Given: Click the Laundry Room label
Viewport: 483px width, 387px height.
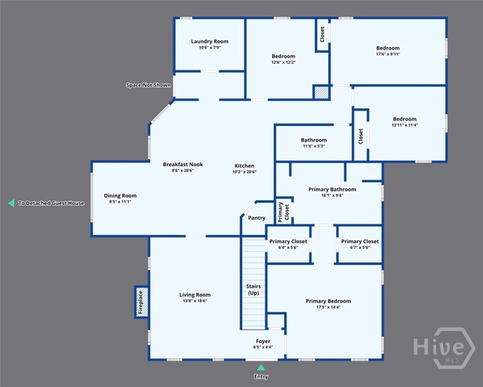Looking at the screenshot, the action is (209, 41).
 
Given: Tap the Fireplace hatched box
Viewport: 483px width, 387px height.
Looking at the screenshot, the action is (141, 302).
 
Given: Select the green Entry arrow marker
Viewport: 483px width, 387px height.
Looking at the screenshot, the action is (261, 368).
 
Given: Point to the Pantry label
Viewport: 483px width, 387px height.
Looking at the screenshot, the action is (256, 218).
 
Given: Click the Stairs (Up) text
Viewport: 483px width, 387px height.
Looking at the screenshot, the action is (253, 289).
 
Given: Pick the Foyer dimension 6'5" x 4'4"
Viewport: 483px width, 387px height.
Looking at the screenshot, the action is (263, 347).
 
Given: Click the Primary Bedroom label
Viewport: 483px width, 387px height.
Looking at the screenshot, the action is (329, 301).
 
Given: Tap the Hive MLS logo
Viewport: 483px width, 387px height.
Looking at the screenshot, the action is (444, 348).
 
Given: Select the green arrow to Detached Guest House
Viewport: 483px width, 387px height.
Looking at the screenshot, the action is (12, 203).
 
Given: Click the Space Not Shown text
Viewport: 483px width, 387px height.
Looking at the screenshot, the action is (148, 85).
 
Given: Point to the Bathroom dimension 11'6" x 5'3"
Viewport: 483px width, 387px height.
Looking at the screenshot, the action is (314, 146).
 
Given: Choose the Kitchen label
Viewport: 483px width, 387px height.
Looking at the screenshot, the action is (244, 165).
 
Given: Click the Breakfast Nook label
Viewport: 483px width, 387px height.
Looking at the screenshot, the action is (183, 164).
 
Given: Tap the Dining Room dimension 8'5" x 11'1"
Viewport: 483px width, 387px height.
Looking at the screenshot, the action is (120, 202).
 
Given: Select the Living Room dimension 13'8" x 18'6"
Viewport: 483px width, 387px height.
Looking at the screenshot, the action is (195, 301).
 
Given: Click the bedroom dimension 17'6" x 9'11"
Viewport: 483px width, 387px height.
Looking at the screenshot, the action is (388, 54).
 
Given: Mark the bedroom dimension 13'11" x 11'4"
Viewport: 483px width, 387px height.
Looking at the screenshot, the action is (405, 125).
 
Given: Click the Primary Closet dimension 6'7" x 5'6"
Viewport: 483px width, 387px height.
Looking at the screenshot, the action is (360, 247).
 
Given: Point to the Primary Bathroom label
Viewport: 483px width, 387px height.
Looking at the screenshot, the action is (332, 189).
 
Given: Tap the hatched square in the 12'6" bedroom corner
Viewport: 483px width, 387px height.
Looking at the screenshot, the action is (321, 92).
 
